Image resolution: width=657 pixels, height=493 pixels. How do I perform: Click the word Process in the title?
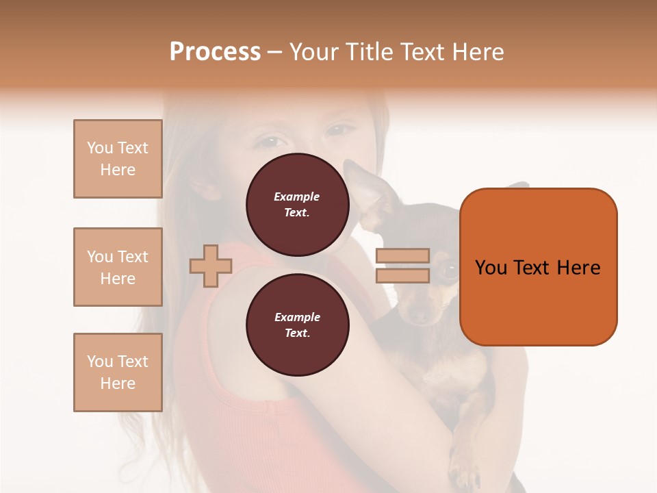pos(215,52)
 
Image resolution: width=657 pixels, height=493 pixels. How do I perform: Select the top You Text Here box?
pos(118,159)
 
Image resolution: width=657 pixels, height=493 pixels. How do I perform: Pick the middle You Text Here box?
pos(118,267)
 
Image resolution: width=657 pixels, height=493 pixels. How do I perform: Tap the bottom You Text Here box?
pos(118,372)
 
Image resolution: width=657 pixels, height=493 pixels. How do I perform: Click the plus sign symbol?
pos(211,266)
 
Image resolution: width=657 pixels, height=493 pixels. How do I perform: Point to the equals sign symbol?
pos(402,266)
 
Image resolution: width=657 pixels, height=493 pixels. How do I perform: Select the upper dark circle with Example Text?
pos(297,204)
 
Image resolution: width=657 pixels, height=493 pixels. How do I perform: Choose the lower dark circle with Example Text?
pos(297,325)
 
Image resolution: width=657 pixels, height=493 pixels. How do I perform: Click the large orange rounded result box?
pos(538,267)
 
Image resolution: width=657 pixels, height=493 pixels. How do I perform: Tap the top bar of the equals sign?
pos(402,256)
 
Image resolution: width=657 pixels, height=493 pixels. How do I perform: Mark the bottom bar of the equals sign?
pos(402,275)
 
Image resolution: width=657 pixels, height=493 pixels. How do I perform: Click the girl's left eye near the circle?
pos(270,142)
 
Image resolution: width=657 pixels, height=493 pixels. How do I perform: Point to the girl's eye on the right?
pos(340,129)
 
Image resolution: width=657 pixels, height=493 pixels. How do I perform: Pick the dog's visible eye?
pos(448,269)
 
